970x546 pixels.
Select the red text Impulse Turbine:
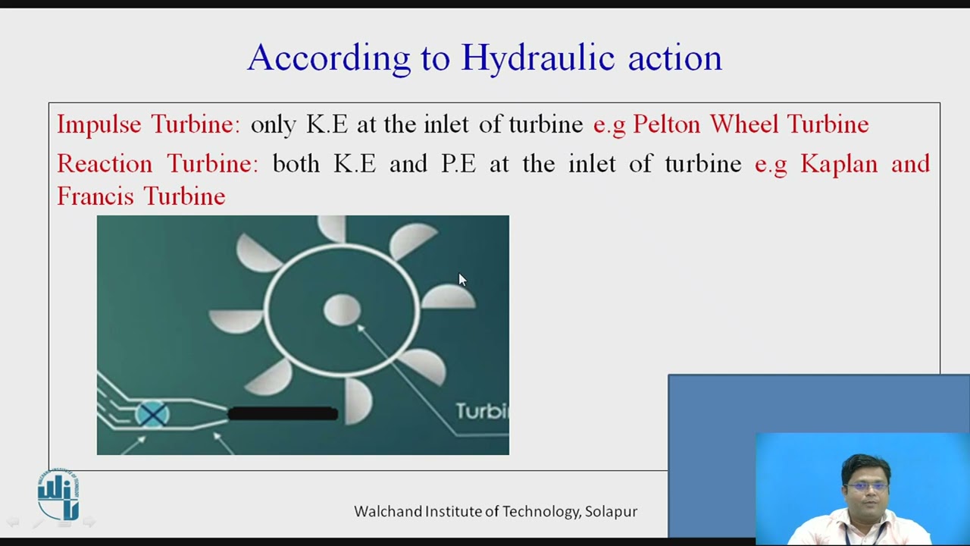149,124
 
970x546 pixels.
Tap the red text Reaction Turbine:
158,164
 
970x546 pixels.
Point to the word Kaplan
838,164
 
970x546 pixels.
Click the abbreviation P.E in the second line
458,164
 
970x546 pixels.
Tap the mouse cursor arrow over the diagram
462,280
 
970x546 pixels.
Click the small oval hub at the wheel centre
342,310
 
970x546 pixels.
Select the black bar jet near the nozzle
283,413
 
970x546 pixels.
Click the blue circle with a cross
152,414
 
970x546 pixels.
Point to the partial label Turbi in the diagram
481,412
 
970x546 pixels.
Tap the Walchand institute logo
58,497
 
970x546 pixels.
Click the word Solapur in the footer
611,512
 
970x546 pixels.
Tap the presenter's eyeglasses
866,485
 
